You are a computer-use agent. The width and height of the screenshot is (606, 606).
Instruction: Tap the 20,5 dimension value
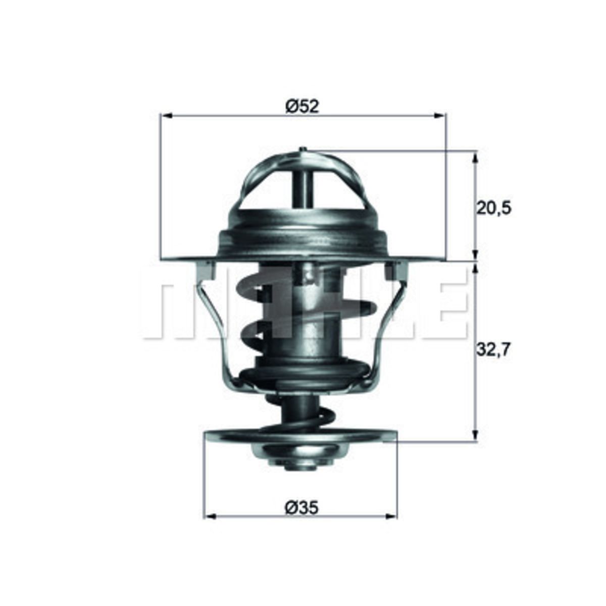pos(494,208)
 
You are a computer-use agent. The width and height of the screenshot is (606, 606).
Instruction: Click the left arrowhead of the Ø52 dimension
pos(167,116)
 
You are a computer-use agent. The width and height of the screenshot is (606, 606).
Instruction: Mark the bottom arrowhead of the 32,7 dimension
pos(475,434)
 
